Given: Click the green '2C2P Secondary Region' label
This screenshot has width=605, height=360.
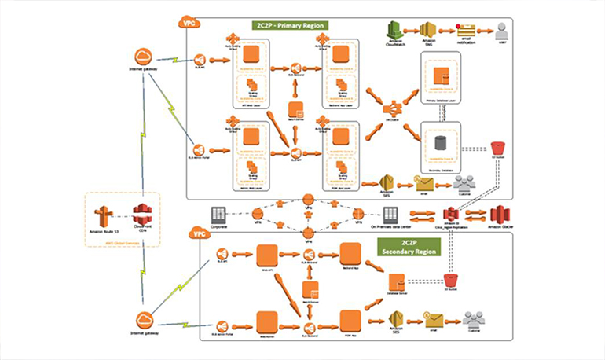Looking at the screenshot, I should pos(408,245).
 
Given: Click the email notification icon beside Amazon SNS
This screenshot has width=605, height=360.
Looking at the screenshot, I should pos(466,30).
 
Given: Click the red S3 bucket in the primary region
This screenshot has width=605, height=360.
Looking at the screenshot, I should pos(497,149).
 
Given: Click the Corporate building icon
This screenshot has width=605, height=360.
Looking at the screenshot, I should pos(220,214).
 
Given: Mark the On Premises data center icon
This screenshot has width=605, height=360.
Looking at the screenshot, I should pos(390,214).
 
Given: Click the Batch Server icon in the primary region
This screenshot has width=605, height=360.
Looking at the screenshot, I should pos(296,109).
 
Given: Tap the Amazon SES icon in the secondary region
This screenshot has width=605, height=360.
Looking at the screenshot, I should pos(397,319).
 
